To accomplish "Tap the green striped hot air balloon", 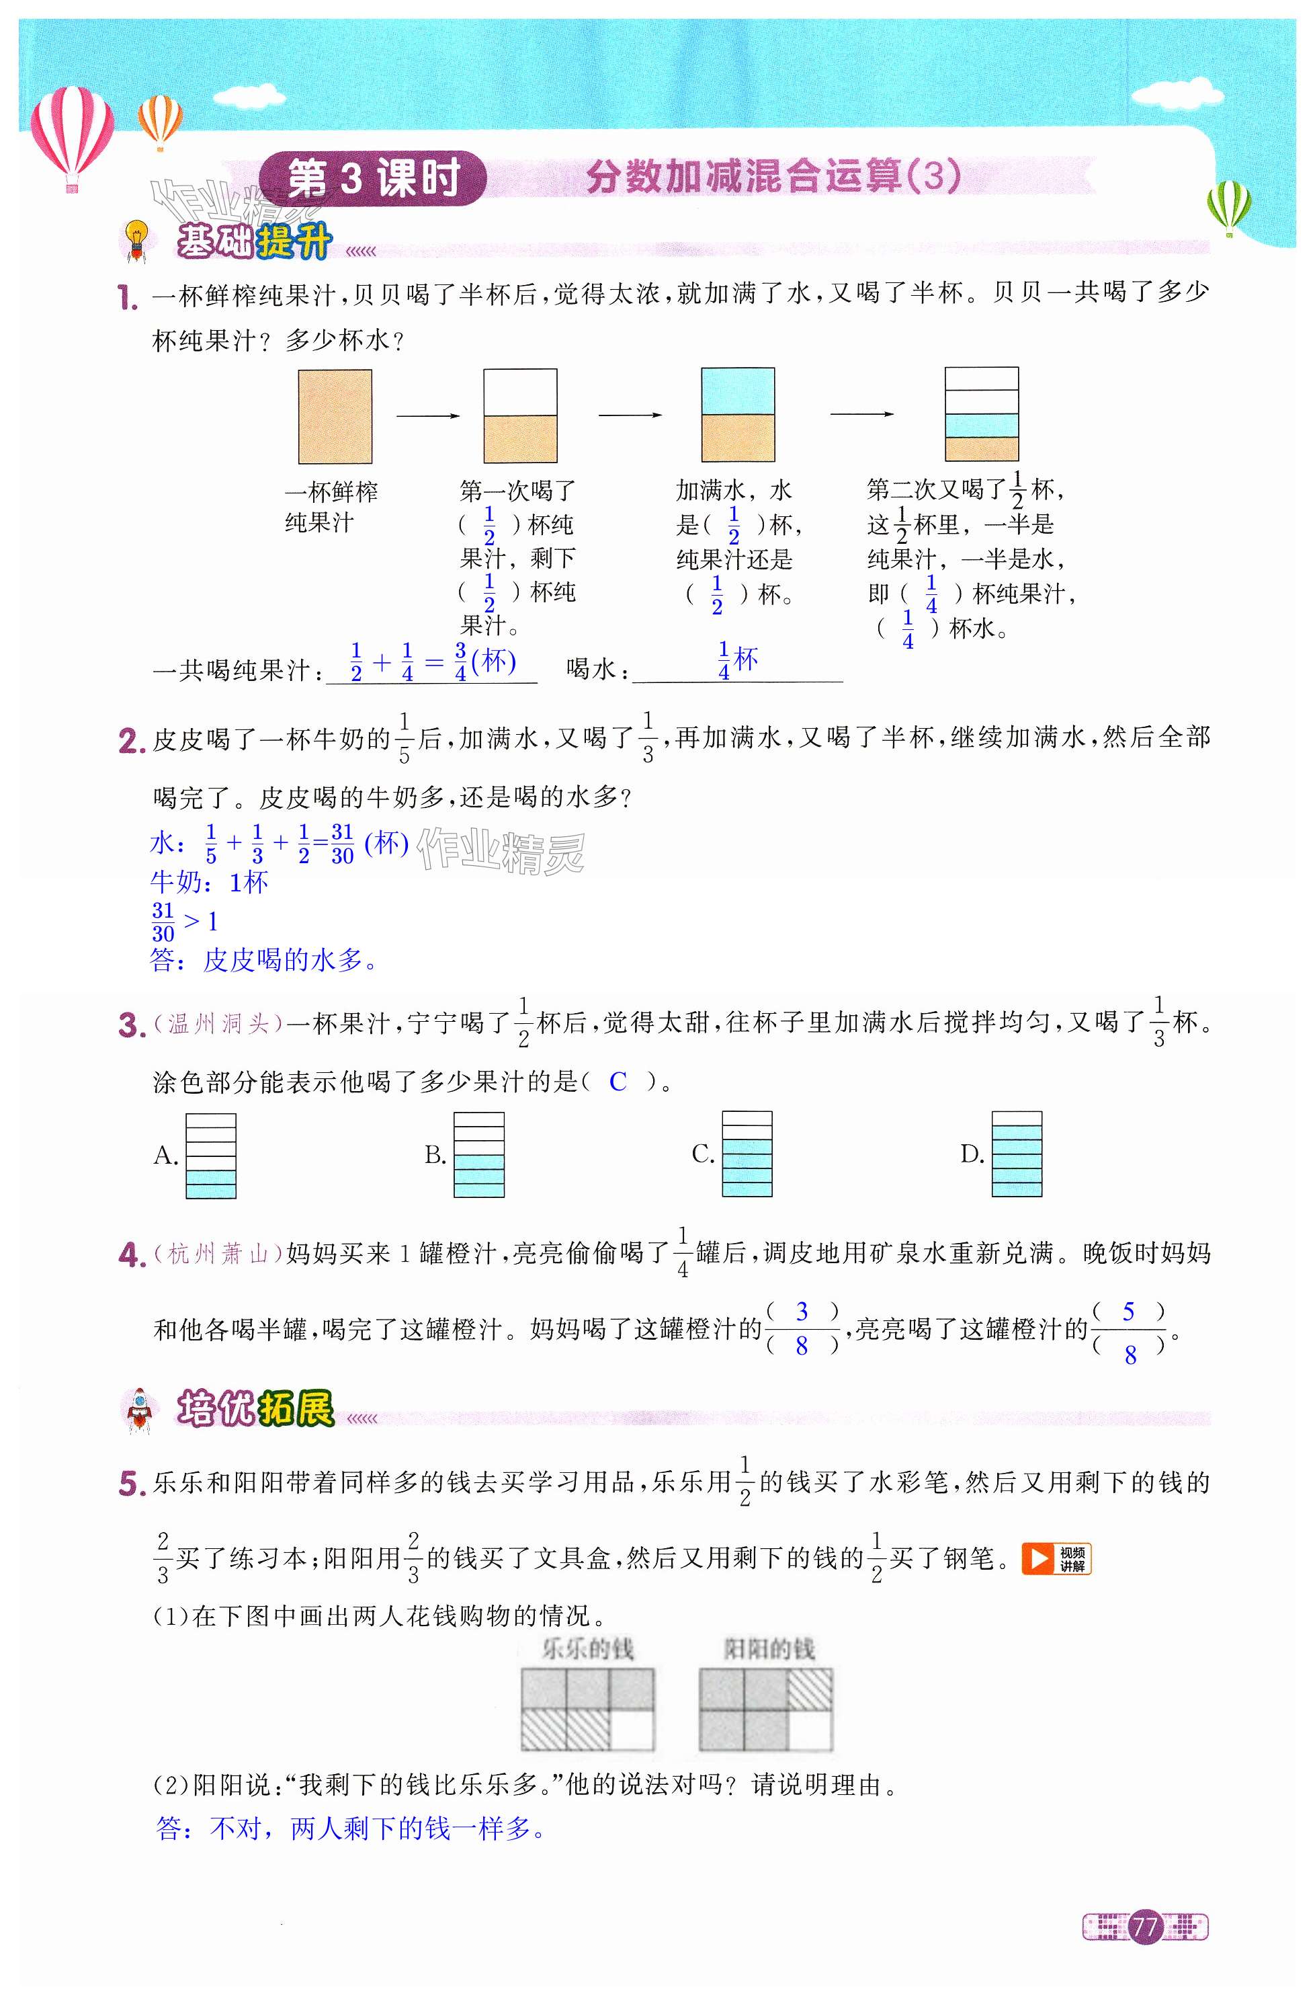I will click(x=1228, y=206).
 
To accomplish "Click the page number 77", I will click(x=1145, y=1927).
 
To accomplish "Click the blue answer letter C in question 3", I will click(x=618, y=1082).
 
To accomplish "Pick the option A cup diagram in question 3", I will click(x=210, y=1155).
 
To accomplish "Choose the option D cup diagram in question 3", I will click(x=1016, y=1154).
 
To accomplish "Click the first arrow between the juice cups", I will click(x=427, y=415).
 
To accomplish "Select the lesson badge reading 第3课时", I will click(x=373, y=179).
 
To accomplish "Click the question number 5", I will click(x=132, y=1484).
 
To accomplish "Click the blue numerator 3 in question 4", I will click(x=802, y=1311).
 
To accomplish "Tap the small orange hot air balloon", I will click(x=160, y=120).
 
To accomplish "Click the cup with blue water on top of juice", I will click(x=738, y=415).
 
